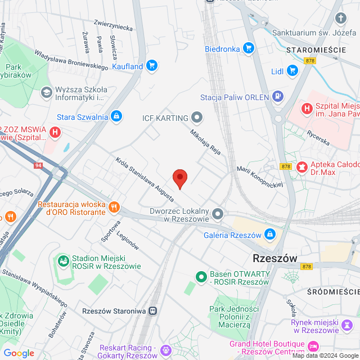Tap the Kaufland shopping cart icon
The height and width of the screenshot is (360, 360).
click(151, 66)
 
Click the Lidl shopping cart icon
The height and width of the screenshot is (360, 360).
click(292, 70)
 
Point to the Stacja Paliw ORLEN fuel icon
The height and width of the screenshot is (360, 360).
click(277, 97)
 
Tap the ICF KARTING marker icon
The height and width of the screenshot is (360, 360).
click(196, 118)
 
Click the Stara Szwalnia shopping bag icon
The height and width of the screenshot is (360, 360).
click(116, 117)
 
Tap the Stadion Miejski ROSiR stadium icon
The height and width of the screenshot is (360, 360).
click(62, 260)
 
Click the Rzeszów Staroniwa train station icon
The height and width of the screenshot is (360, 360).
click(154, 311)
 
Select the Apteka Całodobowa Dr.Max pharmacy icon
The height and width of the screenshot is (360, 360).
click(302, 166)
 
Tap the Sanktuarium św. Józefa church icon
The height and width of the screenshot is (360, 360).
click(340, 19)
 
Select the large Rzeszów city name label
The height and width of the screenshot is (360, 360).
click(275, 259)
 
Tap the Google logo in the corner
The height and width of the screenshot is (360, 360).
click(19, 353)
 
